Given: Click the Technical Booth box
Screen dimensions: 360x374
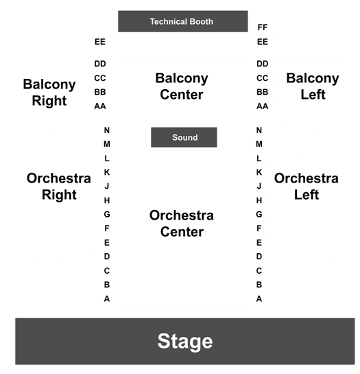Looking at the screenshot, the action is pos(183,21).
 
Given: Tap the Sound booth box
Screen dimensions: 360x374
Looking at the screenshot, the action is pos(184,137).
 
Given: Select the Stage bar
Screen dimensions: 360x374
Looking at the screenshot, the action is pos(185,341).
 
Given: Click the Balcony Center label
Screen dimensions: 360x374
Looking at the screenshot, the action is pos(182,86).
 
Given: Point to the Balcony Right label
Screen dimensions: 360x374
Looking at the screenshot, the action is pos(49,93).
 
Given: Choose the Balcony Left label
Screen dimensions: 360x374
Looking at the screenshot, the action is pos(313,86).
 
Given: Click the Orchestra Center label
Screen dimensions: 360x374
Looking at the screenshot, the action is pos(182,224).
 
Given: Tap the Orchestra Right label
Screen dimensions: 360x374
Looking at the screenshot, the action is pos(59,187).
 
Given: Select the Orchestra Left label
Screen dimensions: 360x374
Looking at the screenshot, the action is pos(307,187).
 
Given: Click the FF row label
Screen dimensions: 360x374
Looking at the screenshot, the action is pos(263,27).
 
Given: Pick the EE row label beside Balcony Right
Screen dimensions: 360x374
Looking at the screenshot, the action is pos(100,42).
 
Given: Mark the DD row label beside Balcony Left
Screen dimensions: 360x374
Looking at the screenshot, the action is pos(263,64).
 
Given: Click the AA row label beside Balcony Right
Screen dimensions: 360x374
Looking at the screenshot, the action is pos(100,106).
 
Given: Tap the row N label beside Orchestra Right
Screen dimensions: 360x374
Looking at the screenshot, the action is pos(107,130).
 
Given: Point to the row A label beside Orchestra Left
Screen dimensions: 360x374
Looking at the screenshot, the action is pos(259,299).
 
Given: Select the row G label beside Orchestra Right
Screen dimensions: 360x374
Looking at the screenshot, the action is pos(107,214).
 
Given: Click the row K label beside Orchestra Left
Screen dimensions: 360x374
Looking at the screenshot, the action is pos(259,172).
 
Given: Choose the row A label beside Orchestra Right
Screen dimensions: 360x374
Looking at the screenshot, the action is pos(107,299).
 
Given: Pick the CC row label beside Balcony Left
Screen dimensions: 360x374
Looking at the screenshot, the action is pos(263,78).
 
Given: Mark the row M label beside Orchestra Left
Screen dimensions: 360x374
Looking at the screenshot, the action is pos(259,144).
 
